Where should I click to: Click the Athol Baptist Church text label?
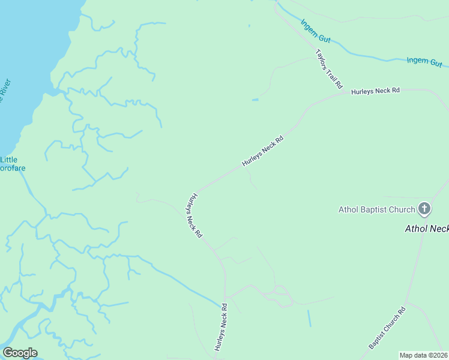pyautogui.click(x=377, y=209)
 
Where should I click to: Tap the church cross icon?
pyautogui.click(x=424, y=209)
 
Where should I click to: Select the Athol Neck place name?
pyautogui.click(x=427, y=229)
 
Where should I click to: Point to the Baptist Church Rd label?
pyautogui.click(x=387, y=328)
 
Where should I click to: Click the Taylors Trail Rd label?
pyautogui.click(x=328, y=68)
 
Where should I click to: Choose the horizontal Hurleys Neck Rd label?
pyautogui.click(x=375, y=91)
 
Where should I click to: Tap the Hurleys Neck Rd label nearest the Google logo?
pyautogui.click(x=221, y=327)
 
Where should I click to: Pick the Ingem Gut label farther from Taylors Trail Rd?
pyautogui.click(x=424, y=61)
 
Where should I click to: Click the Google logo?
pyautogui.click(x=20, y=353)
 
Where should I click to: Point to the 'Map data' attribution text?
pyautogui.click(x=414, y=355)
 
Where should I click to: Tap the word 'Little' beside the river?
pyautogui.click(x=8, y=160)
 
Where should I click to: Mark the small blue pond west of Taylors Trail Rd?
pyautogui.click(x=255, y=100)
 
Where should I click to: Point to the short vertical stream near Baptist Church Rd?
pyautogui.click(x=309, y=317)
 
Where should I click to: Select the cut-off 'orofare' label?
pyautogui.click(x=13, y=168)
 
